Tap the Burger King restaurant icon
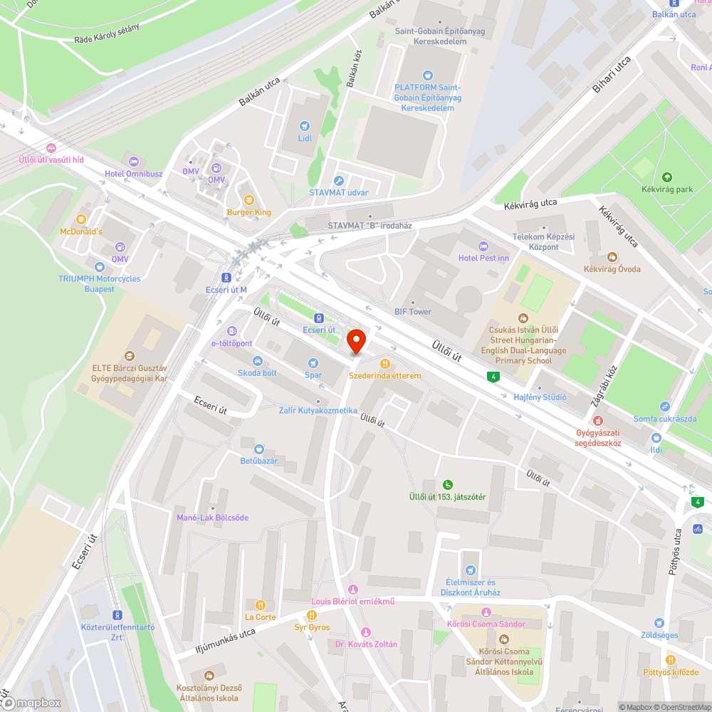click(248, 200)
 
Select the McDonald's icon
click(81, 219)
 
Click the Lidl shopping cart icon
click(305, 125)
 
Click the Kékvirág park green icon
click(666, 177)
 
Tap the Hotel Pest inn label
click(483, 258)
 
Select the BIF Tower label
click(413, 312)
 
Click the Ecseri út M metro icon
click(226, 278)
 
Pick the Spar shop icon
click(313, 362)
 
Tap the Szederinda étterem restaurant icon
click(385, 364)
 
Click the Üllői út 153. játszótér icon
click(447, 484)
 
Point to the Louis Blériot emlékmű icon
click(352, 590)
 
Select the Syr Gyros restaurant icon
click(311, 615)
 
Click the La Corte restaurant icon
click(260, 605)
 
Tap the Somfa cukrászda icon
click(664, 406)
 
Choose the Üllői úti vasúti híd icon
click(51, 148)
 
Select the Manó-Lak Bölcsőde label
click(213, 518)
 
